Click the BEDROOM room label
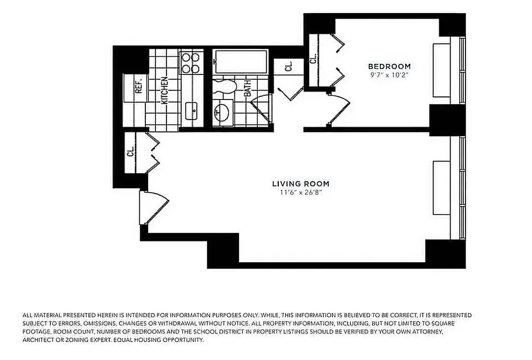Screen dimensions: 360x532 click(389, 67)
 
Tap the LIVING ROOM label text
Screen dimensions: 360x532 click(300, 184)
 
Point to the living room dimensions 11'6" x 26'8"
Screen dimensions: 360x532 click(300, 193)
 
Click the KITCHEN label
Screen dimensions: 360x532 click(165, 90)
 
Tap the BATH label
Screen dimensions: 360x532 click(247, 88)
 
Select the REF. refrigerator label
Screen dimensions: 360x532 click(139, 85)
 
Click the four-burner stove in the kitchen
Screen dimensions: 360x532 click(190, 63)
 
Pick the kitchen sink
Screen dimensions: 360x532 click(192, 108)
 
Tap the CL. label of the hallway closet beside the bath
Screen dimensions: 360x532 click(288, 67)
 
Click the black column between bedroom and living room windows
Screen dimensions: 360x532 click(447, 119)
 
